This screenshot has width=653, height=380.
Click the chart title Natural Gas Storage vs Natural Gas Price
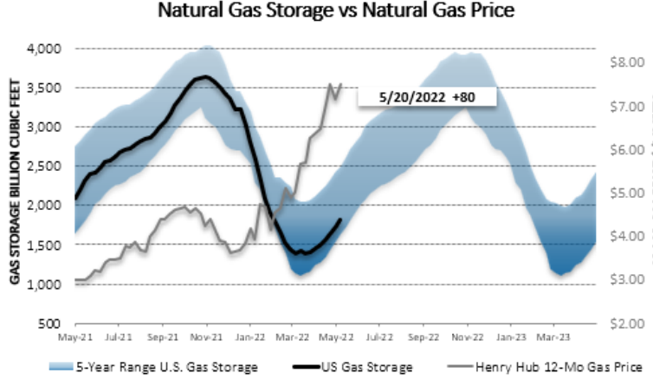[326, 13]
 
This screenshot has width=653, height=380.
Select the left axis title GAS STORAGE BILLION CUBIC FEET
[15, 186]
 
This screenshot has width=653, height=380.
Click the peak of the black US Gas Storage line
[202, 77]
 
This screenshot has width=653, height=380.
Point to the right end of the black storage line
[340, 219]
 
